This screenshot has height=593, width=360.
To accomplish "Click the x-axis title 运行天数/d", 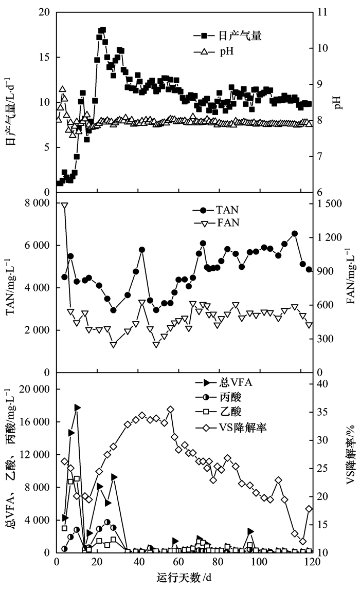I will coord(183,578).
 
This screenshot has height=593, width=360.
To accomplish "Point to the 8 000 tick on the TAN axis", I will coord(39,203).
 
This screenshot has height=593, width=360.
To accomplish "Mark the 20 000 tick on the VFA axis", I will coord(37,390).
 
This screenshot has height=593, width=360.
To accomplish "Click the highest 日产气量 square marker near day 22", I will coord(103,30).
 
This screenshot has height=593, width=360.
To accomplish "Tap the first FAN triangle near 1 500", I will coord(65,206).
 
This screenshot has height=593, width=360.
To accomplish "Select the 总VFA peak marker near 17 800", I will coord(77,407).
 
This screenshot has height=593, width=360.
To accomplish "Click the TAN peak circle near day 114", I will coord(295,233).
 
